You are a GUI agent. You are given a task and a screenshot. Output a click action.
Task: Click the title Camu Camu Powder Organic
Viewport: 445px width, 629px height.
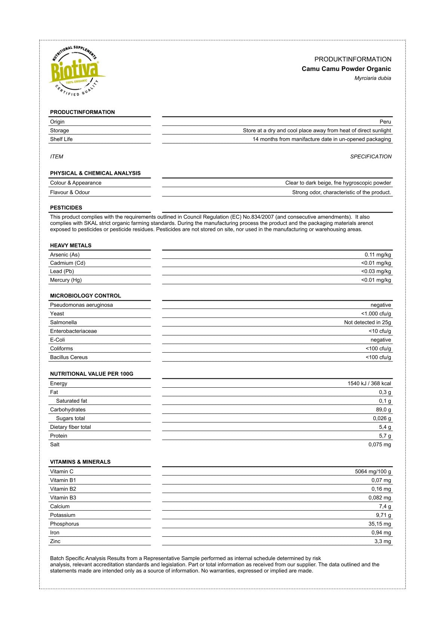tap(346, 69)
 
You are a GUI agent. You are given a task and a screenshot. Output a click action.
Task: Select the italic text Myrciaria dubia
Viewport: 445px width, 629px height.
tap(372, 78)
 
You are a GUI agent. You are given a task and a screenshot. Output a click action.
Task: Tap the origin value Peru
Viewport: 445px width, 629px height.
tap(385, 122)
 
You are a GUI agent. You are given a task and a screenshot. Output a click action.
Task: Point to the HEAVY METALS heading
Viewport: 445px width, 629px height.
tap(71, 245)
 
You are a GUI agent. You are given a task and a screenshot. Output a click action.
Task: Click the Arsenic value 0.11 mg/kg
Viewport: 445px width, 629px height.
tap(378, 255)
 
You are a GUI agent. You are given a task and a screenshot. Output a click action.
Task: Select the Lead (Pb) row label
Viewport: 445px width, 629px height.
tap(62, 272)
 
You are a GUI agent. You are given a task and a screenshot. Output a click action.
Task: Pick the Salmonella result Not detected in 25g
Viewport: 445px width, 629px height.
tap(367, 322)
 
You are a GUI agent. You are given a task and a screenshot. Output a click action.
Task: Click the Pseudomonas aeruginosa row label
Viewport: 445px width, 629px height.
tap(82, 305)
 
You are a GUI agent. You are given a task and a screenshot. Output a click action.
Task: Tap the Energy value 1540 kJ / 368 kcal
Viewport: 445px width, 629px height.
tap(369, 384)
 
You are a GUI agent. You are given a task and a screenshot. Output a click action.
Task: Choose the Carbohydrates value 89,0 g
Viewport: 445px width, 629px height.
tap(383, 410)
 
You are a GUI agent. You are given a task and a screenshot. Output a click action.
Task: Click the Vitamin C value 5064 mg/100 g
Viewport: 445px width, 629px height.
tap(373, 472)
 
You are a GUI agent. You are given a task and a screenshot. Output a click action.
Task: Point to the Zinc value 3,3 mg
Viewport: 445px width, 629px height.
tap(383, 542)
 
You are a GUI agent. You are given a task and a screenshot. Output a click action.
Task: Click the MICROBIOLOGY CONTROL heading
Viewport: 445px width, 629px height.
tap(86, 296)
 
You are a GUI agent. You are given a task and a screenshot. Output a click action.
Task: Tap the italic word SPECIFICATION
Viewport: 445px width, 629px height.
tap(371, 157)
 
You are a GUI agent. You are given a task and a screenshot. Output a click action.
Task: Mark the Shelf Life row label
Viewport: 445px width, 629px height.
tap(61, 139)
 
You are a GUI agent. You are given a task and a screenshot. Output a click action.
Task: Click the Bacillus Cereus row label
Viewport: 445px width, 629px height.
tap(69, 357)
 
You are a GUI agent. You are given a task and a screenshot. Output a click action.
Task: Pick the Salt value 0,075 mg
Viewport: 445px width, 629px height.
tap(380, 444)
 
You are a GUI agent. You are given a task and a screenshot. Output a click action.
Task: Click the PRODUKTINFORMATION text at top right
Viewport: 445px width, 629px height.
tap(353, 59)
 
